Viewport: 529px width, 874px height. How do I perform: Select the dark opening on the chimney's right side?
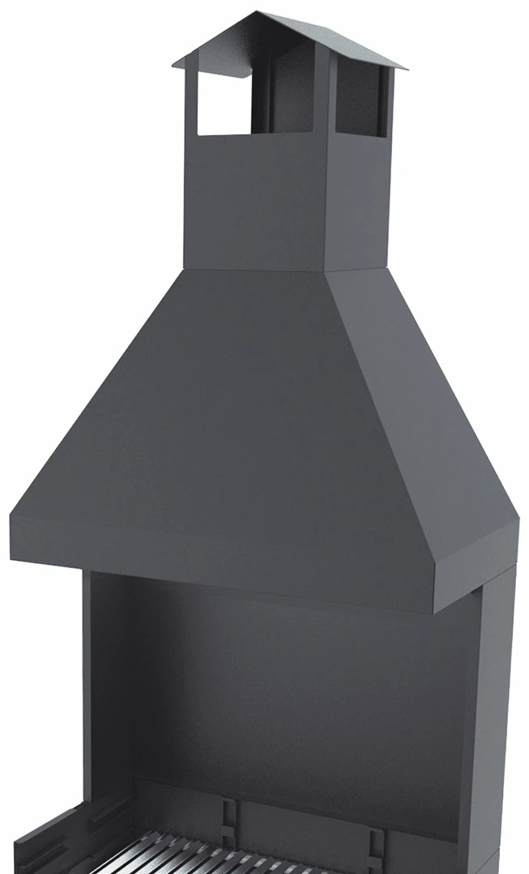click(358, 101)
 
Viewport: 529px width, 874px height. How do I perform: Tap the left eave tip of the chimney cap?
click(174, 63)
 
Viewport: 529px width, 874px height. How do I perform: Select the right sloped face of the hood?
click(421, 405)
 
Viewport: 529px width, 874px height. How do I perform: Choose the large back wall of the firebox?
click(292, 704)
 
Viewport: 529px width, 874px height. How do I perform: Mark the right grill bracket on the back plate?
click(374, 834)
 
